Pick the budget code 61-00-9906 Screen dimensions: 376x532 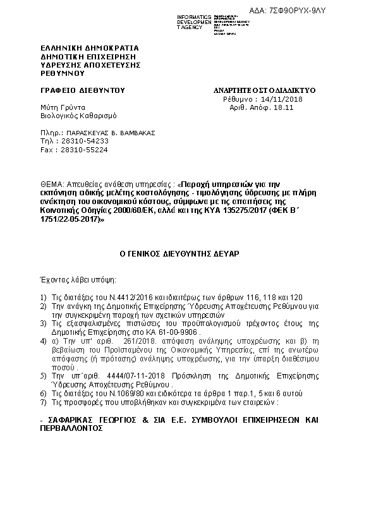[178, 330]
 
